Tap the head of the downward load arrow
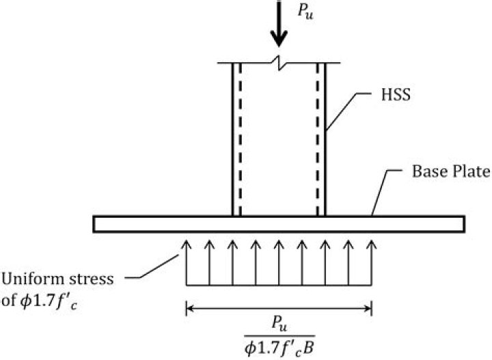tap(279, 38)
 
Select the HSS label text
tap(396, 94)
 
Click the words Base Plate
tap(451, 171)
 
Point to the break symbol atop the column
tap(279, 63)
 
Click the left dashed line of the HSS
tap(240, 139)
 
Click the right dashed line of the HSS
tap(318, 139)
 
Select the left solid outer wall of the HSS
tap(233, 139)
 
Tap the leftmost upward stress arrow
tap(187, 263)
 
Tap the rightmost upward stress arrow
tap(372, 263)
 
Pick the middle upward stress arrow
tap(279, 263)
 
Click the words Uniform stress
tap(57, 279)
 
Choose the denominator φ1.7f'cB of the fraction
tap(279, 347)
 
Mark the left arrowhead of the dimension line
tap(190, 309)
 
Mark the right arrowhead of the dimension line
tap(368, 309)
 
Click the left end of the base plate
tap(94, 224)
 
